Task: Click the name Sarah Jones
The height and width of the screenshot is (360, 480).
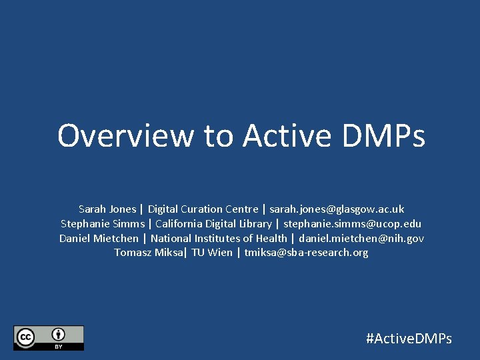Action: point(107,209)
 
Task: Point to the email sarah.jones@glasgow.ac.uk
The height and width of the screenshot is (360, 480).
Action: point(337,209)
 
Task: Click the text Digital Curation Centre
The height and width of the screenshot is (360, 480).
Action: point(203,209)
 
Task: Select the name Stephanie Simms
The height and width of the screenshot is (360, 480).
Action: point(103,223)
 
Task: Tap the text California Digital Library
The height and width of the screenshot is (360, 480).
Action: point(213,223)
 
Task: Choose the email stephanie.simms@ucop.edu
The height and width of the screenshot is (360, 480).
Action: point(353,223)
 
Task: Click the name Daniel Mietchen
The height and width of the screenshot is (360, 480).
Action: point(99,238)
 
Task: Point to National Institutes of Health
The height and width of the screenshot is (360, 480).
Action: point(219,238)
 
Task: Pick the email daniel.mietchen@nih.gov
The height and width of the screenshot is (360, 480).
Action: point(361,238)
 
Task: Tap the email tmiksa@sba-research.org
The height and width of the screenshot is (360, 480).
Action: point(306,253)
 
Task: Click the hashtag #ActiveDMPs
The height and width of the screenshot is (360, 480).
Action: point(409,339)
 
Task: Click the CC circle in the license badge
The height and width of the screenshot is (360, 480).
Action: point(26,337)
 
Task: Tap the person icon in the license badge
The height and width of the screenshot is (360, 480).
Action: point(59,335)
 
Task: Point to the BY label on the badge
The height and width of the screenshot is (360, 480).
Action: point(59,347)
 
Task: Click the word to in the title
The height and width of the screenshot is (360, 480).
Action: point(219,135)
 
